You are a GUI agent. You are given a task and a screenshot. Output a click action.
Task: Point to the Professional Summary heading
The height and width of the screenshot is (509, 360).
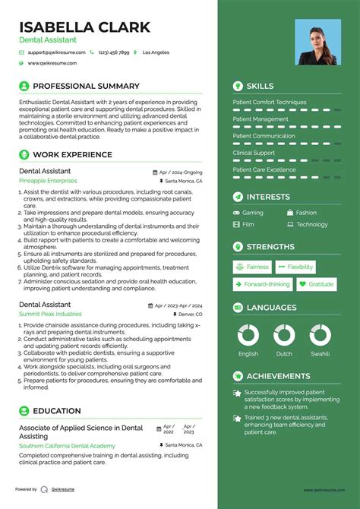tap(86, 87)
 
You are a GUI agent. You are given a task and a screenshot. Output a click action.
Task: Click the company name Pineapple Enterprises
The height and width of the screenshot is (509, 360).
tap(48, 182)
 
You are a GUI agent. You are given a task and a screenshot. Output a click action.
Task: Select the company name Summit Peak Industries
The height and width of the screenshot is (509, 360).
tap(50, 314)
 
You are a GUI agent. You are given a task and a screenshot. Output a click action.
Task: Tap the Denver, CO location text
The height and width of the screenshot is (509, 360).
tap(191, 314)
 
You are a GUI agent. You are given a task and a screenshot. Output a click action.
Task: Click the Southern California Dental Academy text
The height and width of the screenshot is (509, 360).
tap(66, 445)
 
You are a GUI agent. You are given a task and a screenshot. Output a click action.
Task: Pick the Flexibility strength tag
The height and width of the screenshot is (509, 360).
tap(295, 267)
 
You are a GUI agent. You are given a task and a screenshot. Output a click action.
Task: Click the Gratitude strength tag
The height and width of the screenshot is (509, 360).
tap(315, 284)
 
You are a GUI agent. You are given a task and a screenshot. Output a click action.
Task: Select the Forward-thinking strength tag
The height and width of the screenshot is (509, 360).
tap(261, 284)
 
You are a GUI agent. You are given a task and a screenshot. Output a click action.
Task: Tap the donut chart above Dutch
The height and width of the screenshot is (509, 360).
tap(284, 335)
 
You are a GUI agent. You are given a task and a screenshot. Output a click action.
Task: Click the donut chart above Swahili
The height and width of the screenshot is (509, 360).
tap(321, 335)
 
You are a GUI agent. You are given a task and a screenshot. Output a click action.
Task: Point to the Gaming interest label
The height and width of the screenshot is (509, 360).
tap(253, 213)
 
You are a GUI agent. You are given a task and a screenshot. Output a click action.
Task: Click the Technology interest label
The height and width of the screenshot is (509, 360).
tap(311, 225)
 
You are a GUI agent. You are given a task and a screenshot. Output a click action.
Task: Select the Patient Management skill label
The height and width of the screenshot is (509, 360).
tap(261, 119)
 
